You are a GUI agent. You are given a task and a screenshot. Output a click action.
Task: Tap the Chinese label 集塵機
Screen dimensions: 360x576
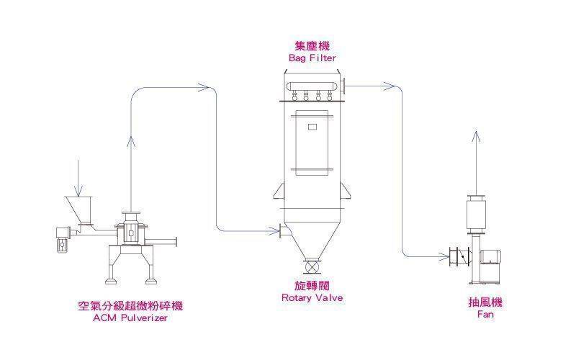pyautogui.click(x=312, y=45)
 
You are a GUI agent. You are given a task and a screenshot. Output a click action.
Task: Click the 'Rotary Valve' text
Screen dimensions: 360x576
pyautogui.click(x=312, y=297)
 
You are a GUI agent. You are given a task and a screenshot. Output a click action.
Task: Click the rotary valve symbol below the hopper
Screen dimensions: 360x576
pyautogui.click(x=312, y=267)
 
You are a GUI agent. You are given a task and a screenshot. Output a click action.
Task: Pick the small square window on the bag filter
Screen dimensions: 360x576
pyautogui.click(x=312, y=127)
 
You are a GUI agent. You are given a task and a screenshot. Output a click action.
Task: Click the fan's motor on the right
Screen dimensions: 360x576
pyautogui.click(x=492, y=254)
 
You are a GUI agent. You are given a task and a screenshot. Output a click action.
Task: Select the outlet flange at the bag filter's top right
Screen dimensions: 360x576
pyautogui.click(x=346, y=86)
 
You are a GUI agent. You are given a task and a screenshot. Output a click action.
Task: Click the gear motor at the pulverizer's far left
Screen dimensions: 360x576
pyautogui.click(x=61, y=238)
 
